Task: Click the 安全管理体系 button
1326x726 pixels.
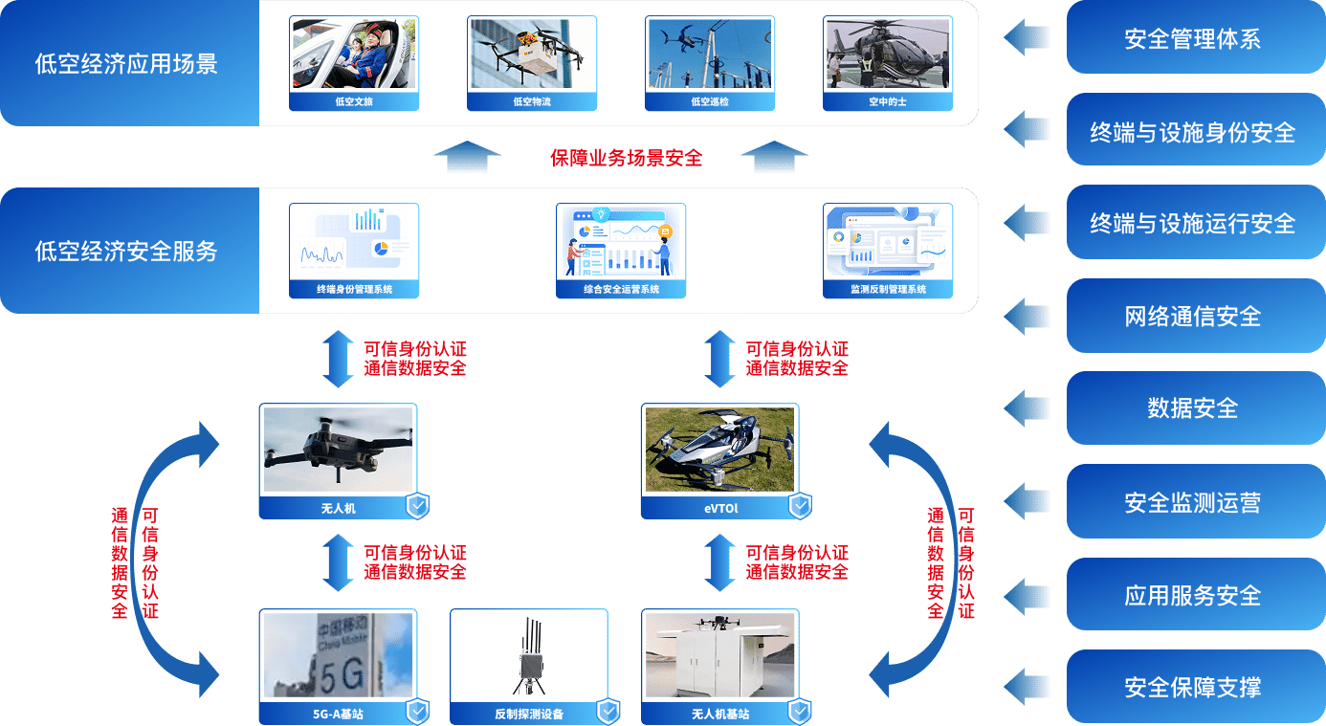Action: pos(1192,39)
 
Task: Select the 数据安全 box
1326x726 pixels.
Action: pos(1192,408)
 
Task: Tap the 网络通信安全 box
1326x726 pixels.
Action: pos(1192,317)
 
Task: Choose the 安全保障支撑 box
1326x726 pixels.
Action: pos(1192,687)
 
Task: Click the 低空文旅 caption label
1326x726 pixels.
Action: pos(354,101)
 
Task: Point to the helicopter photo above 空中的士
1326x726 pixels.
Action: pos(887,55)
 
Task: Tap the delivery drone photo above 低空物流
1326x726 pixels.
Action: pos(532,55)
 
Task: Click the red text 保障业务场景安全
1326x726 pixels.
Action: pos(626,159)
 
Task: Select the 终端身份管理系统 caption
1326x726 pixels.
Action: pos(354,289)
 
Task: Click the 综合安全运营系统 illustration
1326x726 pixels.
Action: pos(621,243)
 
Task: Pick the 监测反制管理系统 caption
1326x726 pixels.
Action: pos(888,289)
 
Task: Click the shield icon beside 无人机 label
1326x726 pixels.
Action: pos(417,507)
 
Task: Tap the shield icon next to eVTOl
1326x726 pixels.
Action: pos(799,507)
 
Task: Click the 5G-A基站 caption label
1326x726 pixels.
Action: pos(338,714)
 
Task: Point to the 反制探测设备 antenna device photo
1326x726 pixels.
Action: pos(528,656)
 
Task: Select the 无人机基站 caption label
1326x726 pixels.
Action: pos(719,714)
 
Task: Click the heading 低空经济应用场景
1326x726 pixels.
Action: pos(126,64)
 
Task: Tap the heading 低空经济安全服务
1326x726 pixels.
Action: pos(126,252)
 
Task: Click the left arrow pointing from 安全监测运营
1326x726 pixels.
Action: pos(1028,500)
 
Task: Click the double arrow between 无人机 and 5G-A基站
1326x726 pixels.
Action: pos(339,562)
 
